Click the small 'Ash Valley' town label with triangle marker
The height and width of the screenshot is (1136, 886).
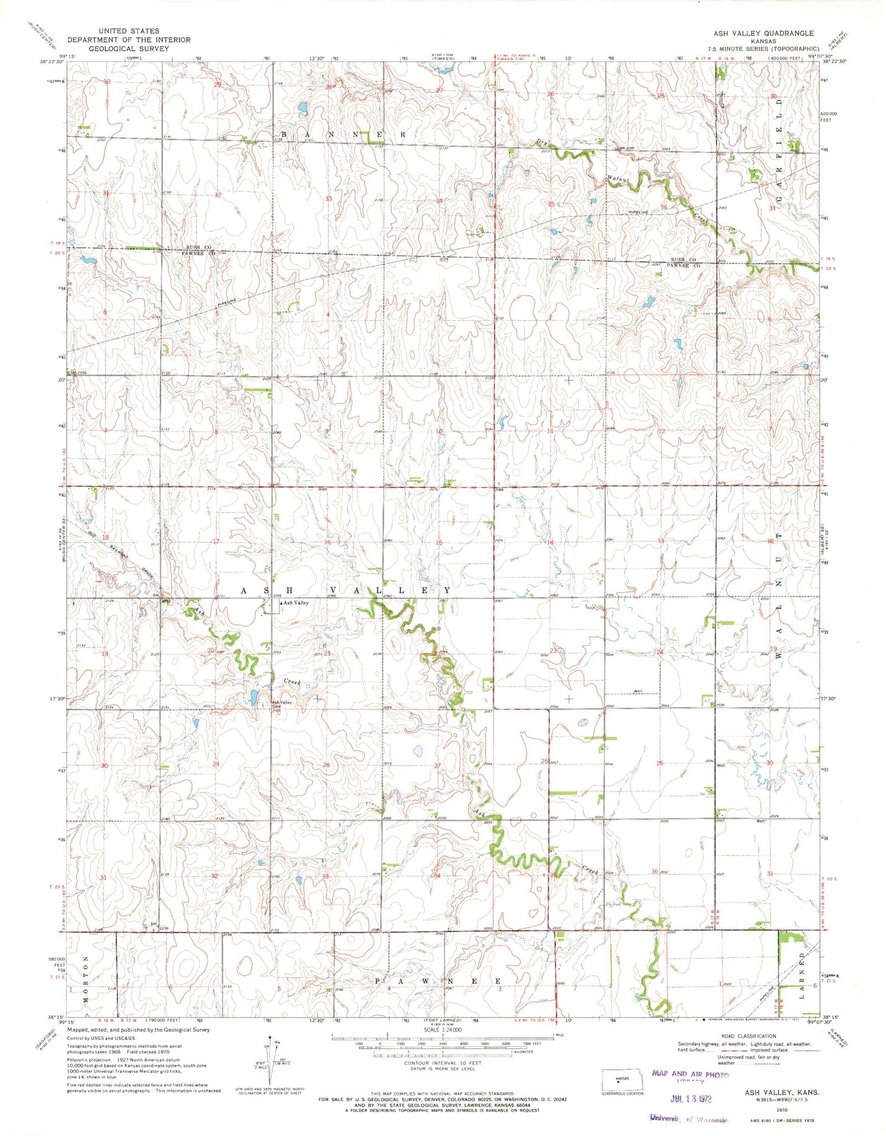(x=295, y=603)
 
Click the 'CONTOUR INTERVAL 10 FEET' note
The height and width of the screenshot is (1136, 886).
(x=442, y=1063)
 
